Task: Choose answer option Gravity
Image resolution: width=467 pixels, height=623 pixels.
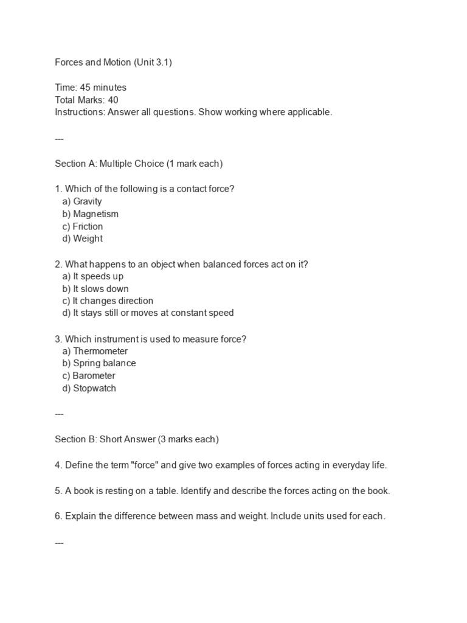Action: tap(87, 201)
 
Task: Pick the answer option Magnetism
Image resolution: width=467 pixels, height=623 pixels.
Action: tap(95, 214)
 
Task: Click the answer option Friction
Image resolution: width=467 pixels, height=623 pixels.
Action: tap(88, 226)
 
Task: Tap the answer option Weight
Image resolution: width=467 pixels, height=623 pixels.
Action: tap(88, 238)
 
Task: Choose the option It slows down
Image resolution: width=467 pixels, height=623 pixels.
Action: tap(100, 288)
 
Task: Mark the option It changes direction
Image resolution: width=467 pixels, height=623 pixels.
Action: tap(112, 301)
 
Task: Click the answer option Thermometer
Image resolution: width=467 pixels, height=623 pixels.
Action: tap(100, 351)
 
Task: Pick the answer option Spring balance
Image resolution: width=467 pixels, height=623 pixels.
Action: tap(104, 363)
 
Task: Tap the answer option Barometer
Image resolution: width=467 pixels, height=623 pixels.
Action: tap(94, 376)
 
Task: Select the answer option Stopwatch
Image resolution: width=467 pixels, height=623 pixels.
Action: tap(94, 388)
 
